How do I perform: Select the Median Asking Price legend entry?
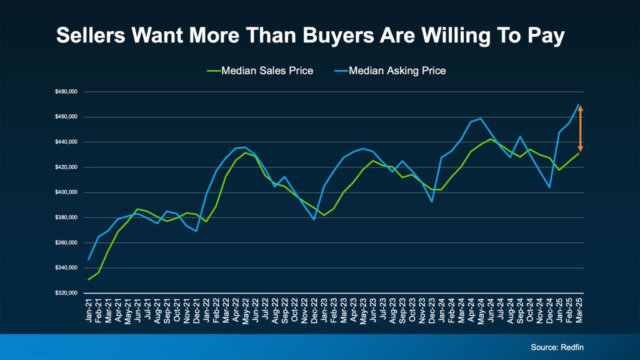tap(396, 71)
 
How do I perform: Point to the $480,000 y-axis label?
tap(65, 92)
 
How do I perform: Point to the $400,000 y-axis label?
tap(65, 192)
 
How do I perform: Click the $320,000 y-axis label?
tap(65, 293)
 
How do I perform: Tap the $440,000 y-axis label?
tap(65, 142)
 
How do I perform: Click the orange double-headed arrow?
tap(580, 129)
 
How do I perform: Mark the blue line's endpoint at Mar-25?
tap(580, 104)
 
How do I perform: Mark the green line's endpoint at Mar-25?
tap(580, 153)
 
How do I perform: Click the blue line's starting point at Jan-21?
tap(89, 259)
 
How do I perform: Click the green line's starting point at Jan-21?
tap(89, 279)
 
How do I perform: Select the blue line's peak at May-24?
tap(480, 118)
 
